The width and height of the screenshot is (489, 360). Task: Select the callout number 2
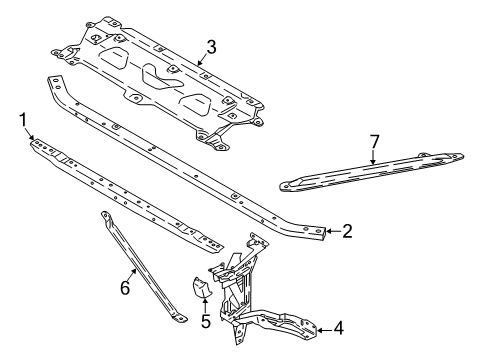[347, 231]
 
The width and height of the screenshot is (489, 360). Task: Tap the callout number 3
[211, 45]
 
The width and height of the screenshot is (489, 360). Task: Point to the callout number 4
[338, 326]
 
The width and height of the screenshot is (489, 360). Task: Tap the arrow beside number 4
[323, 326]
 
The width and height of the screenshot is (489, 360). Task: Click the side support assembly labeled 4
[250, 290]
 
